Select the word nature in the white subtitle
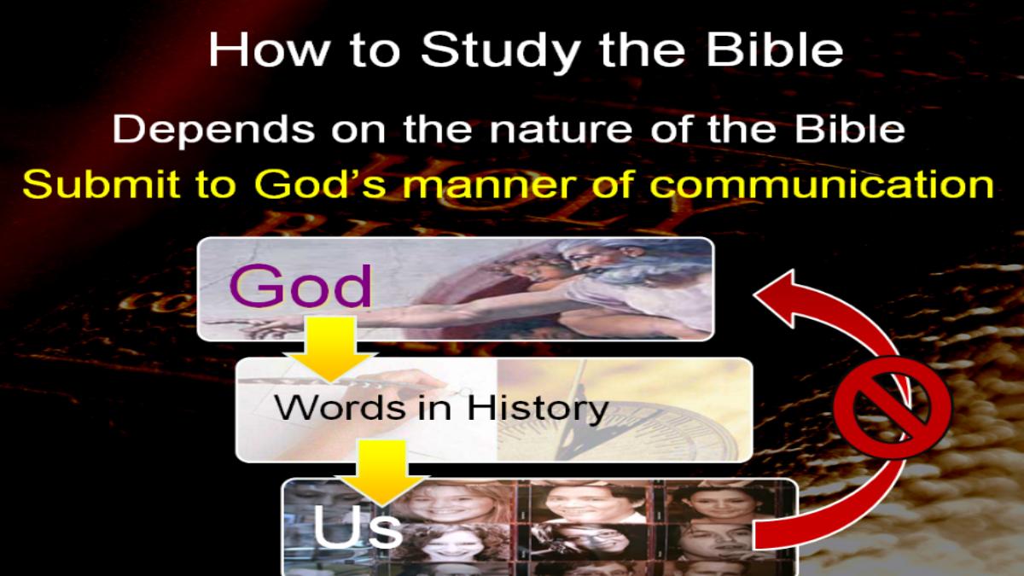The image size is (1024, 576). click(x=561, y=131)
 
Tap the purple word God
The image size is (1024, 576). click(x=300, y=286)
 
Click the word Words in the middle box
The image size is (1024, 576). click(x=340, y=407)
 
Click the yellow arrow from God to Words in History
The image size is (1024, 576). click(x=330, y=349)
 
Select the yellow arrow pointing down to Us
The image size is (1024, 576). click(x=382, y=473)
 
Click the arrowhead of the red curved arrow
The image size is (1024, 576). click(x=780, y=297)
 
